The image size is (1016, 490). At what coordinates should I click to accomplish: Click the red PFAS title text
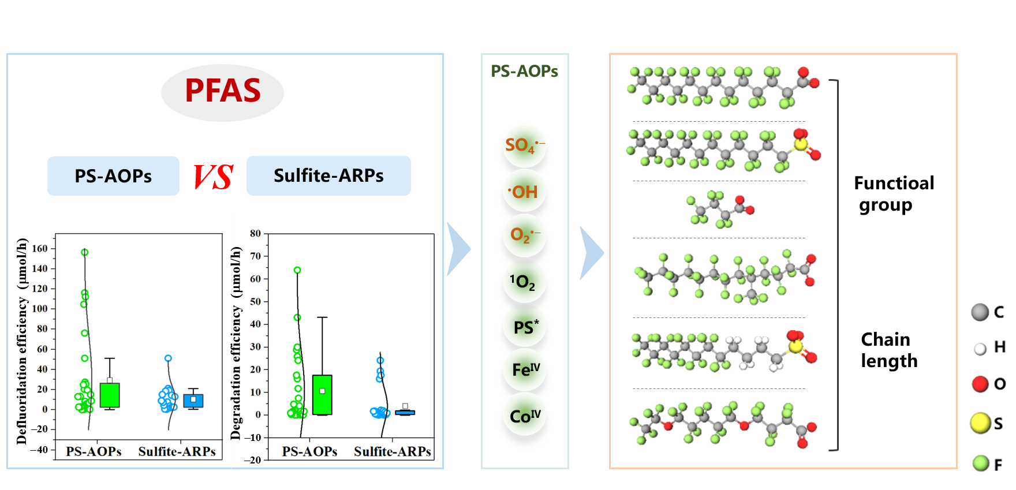point(222,91)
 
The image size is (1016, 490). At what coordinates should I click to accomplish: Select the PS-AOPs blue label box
point(113,175)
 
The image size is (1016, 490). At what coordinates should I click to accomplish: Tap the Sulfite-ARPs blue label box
point(328,175)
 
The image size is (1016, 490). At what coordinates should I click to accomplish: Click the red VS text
point(213,177)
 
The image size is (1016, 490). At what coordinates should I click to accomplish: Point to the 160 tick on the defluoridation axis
point(40,249)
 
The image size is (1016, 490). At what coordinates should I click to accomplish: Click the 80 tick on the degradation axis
point(255,234)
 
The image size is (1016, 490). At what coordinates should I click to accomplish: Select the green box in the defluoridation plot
point(110,395)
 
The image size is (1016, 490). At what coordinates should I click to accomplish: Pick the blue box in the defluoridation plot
point(193,401)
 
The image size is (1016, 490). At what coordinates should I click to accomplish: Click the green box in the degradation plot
point(322,395)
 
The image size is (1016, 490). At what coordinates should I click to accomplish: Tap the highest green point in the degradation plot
point(297,270)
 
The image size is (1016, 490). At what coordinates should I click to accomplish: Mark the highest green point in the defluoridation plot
point(85,252)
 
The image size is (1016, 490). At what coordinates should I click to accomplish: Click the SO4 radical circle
point(525,145)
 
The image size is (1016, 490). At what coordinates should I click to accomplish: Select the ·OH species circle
point(525,192)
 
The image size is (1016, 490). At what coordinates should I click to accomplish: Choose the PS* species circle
point(525,327)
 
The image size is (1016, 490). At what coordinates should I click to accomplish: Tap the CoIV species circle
point(525,416)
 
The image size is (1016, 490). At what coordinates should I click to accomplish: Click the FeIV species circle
point(525,369)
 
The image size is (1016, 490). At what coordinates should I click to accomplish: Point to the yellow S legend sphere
point(980,423)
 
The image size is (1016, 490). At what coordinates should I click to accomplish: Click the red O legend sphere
point(980,384)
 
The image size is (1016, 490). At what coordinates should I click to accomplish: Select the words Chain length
point(889,350)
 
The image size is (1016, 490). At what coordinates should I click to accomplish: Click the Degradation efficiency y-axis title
point(236,343)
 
